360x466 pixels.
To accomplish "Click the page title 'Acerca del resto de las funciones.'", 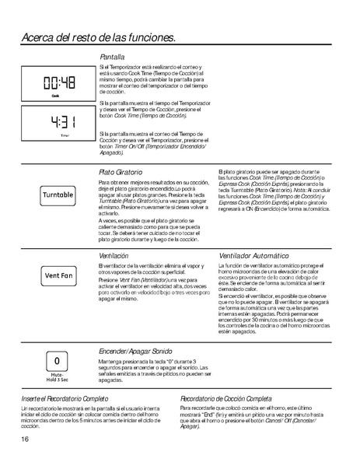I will pos(98,37).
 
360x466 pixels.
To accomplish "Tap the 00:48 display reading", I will pos(59,83).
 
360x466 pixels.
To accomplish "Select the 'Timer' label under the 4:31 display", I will pos(65,135).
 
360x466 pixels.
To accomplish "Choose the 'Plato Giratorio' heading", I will pos(123,171).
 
